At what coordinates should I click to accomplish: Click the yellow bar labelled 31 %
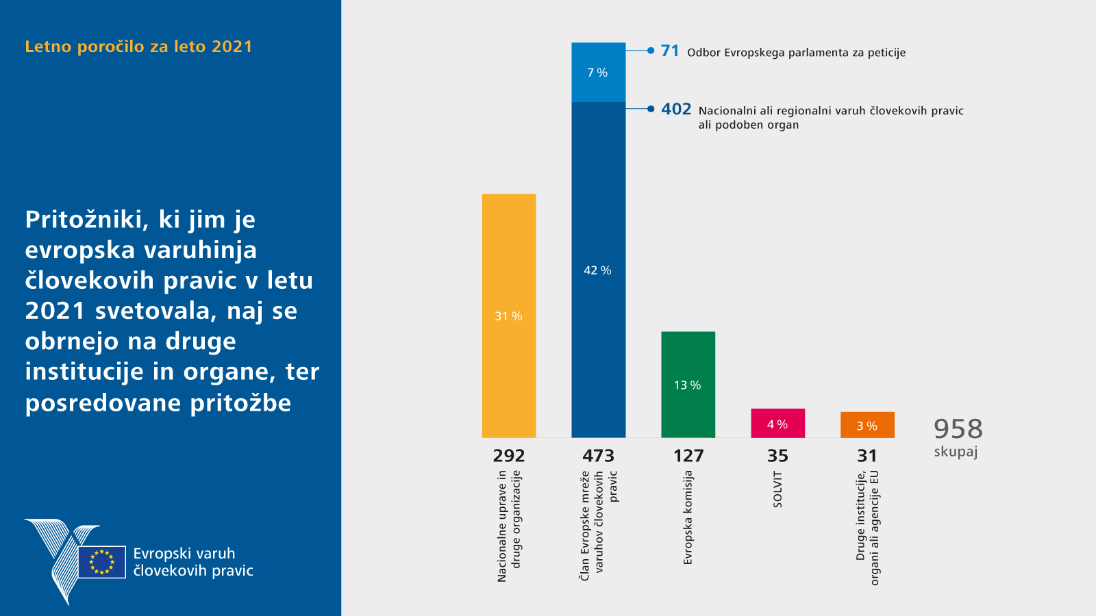click(508, 315)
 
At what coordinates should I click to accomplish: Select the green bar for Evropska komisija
click(688, 384)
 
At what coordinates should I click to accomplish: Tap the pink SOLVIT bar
click(777, 423)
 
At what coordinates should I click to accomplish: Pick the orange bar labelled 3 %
click(867, 424)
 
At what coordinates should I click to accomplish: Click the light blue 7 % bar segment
click(598, 72)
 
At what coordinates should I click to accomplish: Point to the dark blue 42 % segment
click(598, 270)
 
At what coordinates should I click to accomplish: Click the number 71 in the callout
click(670, 51)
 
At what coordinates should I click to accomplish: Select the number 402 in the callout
click(676, 110)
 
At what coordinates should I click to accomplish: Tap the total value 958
click(958, 429)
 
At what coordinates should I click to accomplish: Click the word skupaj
click(956, 452)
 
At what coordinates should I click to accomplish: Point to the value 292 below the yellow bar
click(508, 456)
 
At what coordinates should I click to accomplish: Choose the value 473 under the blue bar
click(598, 456)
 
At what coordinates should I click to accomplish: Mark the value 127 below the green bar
click(688, 456)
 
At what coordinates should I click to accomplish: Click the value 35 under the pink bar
click(777, 456)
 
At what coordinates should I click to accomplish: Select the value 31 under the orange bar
click(867, 456)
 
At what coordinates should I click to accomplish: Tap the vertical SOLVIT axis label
click(777, 489)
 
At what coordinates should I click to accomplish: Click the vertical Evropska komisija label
click(688, 517)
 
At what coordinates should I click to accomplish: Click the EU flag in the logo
click(102, 562)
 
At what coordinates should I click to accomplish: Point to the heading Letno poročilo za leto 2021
click(138, 47)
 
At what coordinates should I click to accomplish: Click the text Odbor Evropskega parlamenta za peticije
click(796, 53)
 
